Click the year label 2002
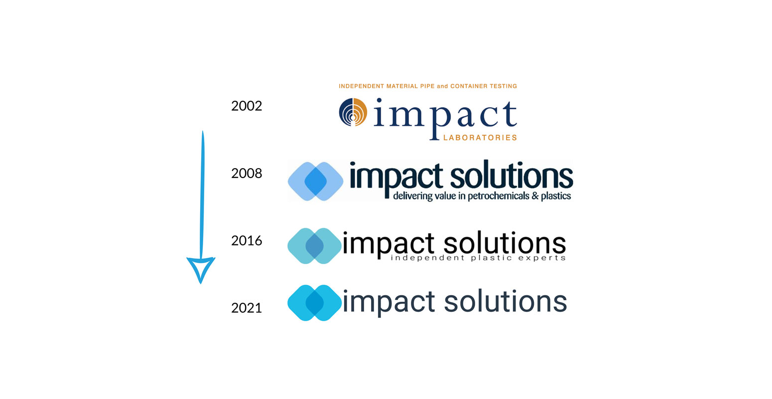pos(247,106)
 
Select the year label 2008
pos(247,173)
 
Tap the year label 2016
pos(247,240)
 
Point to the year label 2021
pos(247,308)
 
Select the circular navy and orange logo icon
pos(353,112)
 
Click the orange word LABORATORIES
pos(480,138)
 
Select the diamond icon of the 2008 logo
pos(315,181)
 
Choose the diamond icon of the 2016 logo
pos(314,246)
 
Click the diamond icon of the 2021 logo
pos(314,303)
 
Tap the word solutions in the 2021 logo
pos(506,301)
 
